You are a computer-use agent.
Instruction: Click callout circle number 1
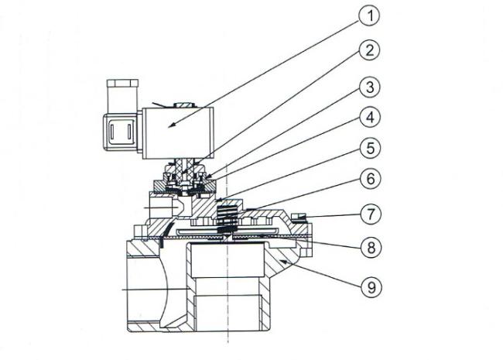tap(370, 15)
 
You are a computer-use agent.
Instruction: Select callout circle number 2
tap(370, 50)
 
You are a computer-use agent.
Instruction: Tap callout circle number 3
tap(370, 87)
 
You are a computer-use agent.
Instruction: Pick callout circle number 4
tap(370, 118)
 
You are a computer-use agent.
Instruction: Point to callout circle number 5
tap(370, 148)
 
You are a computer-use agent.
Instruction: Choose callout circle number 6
tap(371, 179)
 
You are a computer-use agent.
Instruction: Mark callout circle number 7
tap(371, 214)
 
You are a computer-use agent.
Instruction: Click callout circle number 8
tap(371, 248)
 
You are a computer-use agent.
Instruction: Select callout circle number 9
tap(371, 287)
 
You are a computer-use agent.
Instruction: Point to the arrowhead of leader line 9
tap(283, 262)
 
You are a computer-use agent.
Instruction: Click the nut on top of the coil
tap(183, 105)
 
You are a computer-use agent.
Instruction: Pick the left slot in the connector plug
tap(112, 132)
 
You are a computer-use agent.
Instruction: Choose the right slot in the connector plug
tap(129, 132)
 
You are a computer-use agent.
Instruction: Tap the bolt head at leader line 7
tap(299, 216)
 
